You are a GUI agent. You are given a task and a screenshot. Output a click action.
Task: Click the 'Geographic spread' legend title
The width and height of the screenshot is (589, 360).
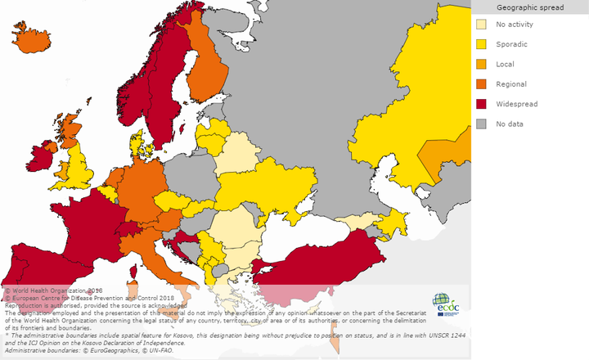pos(529,7)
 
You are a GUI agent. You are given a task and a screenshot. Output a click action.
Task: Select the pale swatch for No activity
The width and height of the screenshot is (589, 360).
pos(482,25)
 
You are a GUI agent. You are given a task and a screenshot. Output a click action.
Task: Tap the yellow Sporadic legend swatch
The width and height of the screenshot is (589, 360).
pos(482,44)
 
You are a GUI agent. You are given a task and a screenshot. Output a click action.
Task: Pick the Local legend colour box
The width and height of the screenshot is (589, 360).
pos(482,64)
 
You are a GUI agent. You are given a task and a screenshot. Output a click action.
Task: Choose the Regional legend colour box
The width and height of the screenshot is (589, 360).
pos(482,84)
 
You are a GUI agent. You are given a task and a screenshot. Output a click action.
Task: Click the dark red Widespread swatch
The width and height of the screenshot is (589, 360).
pos(482,104)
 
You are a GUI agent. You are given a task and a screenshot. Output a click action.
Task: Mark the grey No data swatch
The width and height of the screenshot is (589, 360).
pos(482,124)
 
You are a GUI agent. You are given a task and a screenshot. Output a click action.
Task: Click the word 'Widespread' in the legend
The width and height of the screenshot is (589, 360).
pos(519,104)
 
